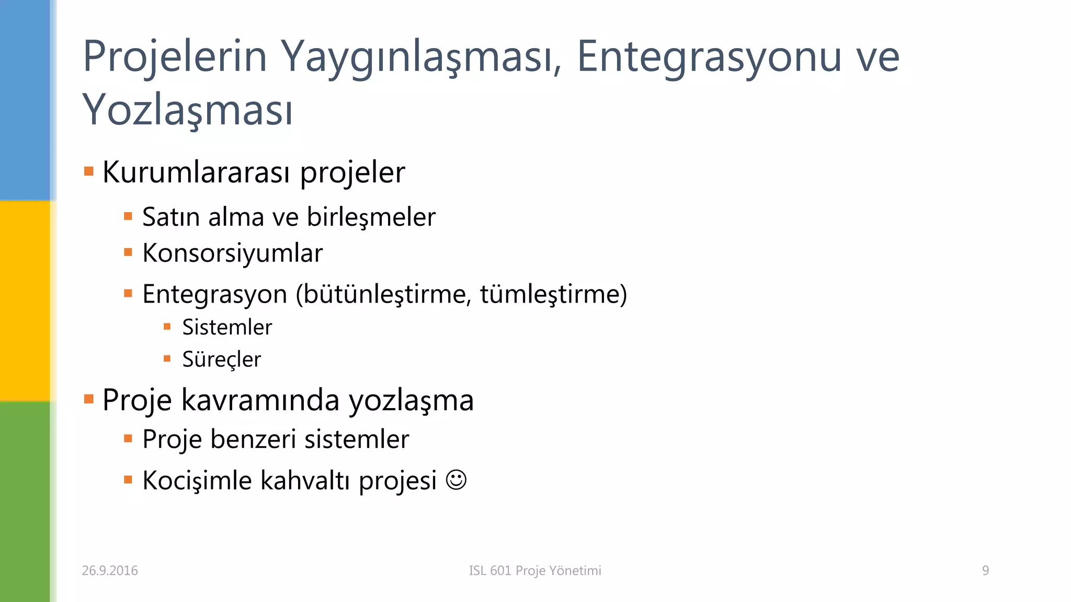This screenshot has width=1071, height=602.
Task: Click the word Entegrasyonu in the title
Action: click(709, 57)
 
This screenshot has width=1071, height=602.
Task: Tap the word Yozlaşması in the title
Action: click(187, 110)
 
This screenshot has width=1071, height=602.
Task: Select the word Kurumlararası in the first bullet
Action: click(196, 172)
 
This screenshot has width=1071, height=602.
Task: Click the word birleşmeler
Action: click(371, 217)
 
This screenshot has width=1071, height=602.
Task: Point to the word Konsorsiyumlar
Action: click(233, 253)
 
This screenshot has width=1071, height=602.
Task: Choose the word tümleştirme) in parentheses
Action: click(553, 294)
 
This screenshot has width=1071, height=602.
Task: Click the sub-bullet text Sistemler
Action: click(227, 328)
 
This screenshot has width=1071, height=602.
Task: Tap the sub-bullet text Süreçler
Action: click(221, 360)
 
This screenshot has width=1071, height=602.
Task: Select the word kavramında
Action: click(260, 400)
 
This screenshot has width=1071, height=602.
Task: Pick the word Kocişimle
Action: click(197, 480)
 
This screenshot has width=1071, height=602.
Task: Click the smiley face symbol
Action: click(456, 480)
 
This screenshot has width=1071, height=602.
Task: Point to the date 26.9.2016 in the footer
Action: click(110, 571)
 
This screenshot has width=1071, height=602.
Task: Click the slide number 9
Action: click(985, 571)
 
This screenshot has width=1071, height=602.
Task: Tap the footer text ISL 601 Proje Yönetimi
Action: click(535, 571)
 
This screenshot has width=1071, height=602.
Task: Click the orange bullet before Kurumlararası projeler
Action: click(89, 171)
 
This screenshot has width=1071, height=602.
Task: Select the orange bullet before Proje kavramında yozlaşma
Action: click(89, 400)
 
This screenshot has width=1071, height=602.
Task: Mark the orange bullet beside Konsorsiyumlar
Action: click(128, 253)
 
